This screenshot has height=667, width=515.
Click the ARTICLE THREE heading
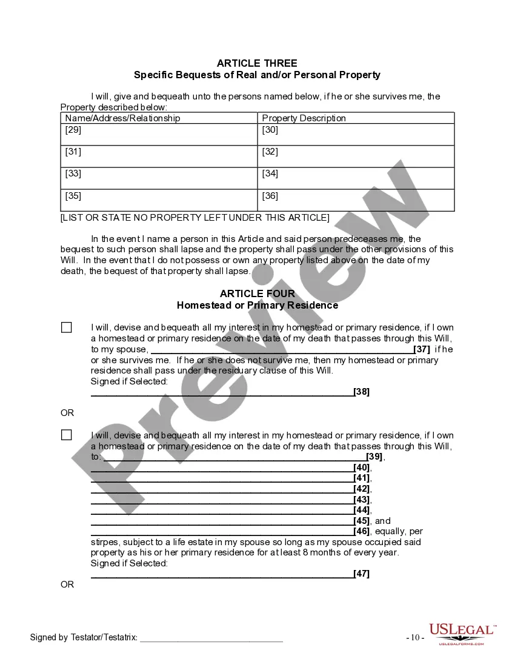pos(257,63)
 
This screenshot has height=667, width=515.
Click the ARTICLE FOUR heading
pos(257,293)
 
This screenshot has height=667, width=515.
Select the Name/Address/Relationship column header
pos(123,118)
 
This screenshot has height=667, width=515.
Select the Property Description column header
pos(304,118)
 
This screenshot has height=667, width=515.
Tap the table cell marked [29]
pos(159,135)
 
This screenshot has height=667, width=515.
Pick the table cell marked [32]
pos(356,156)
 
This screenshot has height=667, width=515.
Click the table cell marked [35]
pos(159,200)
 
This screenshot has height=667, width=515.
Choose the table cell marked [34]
pos(356,178)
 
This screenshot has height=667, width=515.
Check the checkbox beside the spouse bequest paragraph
pos(67,327)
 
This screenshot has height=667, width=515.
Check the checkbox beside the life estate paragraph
pos(67,435)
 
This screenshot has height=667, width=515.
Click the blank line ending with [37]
pos(282,350)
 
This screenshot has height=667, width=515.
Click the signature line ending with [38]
pos(222,392)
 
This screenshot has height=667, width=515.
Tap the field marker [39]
pos(374,457)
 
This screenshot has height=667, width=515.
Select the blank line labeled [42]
pos(222,489)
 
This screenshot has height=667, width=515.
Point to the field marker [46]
pos(362,532)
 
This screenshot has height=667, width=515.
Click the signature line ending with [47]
pos(222,575)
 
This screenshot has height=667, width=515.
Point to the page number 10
pos(415,638)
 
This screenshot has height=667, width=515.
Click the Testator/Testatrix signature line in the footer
pos(211,638)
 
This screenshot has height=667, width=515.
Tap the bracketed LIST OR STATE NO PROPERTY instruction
pos(195,218)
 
